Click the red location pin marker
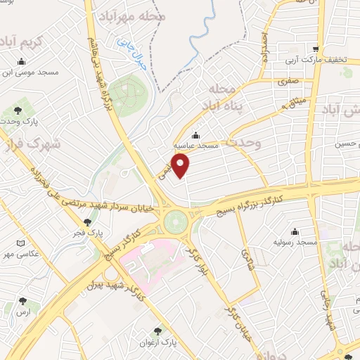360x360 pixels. coord(181,166)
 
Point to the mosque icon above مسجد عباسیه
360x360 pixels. coord(195,136)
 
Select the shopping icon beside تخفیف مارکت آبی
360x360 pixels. coord(317,49)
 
